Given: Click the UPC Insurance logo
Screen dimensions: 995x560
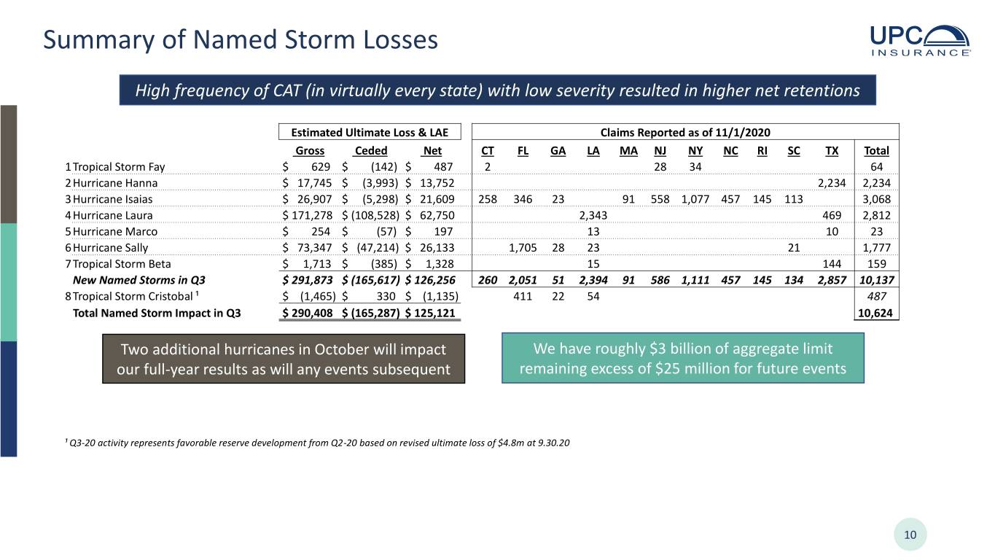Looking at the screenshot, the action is tap(920, 40).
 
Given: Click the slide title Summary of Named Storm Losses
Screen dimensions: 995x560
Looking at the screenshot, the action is tap(241, 39).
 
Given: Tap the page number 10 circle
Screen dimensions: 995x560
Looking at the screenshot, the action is tap(910, 534).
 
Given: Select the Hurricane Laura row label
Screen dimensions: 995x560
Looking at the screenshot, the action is tap(112, 215).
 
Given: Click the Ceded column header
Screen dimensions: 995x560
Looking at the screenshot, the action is tap(371, 151).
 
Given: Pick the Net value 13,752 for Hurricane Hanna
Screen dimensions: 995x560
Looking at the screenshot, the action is tap(437, 183).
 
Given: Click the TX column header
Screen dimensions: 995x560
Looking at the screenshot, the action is tap(832, 151).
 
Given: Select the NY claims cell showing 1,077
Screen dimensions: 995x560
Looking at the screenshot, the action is tap(695, 199).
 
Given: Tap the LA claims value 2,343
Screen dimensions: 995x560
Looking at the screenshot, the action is tap(593, 215).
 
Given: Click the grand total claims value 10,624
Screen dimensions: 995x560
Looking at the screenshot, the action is tap(875, 313).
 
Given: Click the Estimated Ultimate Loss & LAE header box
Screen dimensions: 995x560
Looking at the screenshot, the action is tap(370, 132).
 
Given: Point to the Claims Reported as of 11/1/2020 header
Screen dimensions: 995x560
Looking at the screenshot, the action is tap(685, 133).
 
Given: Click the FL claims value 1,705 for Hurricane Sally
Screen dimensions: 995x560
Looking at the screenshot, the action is tap(523, 248).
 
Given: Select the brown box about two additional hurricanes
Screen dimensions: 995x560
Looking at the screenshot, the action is tap(284, 359).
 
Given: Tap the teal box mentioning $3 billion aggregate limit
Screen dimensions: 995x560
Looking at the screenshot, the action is tap(683, 358).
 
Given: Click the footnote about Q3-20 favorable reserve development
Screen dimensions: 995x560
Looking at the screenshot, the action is tap(317, 443).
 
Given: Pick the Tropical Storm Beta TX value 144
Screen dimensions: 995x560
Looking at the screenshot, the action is tap(832, 263).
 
